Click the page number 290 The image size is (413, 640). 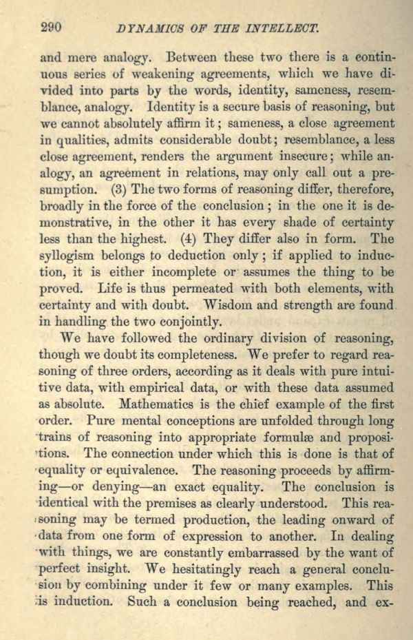pos(51,28)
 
